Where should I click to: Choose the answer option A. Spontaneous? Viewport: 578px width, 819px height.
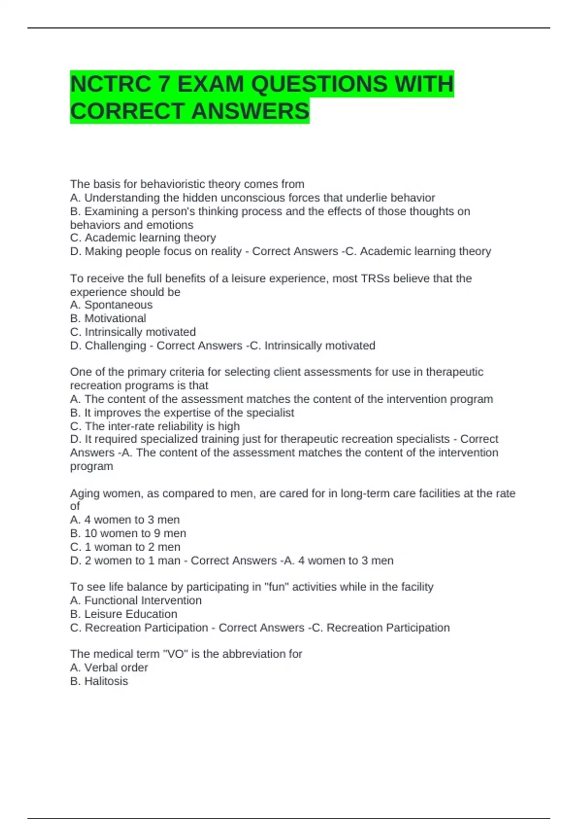pyautogui.click(x=111, y=305)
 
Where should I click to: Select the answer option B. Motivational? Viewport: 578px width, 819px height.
pyautogui.click(x=108, y=318)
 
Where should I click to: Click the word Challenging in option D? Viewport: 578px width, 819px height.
pyautogui.click(x=115, y=345)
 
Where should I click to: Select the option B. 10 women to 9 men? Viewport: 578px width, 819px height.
pyautogui.click(x=128, y=533)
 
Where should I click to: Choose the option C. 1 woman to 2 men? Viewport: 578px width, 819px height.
pyautogui.click(x=125, y=547)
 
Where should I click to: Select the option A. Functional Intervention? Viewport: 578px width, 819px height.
pyautogui.click(x=136, y=600)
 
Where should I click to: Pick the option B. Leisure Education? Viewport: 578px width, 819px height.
pyautogui.click(x=124, y=614)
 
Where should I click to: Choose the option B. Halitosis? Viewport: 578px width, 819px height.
pyautogui.click(x=99, y=681)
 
